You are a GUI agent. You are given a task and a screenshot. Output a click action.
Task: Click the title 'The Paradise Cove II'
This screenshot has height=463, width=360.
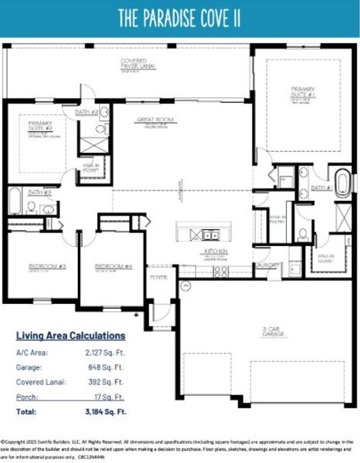click(x=180, y=18)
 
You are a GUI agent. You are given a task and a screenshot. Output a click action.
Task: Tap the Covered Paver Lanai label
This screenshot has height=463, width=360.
click(x=138, y=64)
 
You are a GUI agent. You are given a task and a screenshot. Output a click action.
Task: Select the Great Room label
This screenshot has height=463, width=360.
click(x=154, y=120)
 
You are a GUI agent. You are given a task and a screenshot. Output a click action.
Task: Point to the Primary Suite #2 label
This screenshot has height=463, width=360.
click(x=39, y=126)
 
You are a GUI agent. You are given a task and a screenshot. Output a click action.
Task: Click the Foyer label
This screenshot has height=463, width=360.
click(x=159, y=276)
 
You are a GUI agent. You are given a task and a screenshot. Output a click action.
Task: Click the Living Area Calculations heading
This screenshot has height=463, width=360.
click(x=71, y=336)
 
